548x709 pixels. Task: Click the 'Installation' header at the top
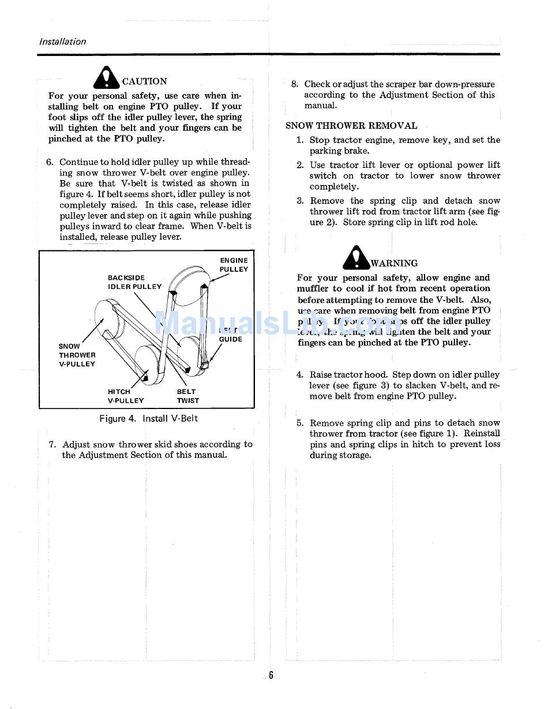tap(62, 42)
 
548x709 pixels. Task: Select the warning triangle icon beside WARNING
tap(356, 257)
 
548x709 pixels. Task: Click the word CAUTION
tap(144, 81)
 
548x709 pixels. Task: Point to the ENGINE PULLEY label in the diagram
tap(234, 265)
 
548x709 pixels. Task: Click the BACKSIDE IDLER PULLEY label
tap(134, 282)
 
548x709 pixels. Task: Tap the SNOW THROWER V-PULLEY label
tap(77, 355)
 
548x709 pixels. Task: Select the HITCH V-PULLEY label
tap(125, 396)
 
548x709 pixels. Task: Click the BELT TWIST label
tap(187, 396)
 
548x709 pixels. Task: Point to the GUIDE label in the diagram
tap(230, 339)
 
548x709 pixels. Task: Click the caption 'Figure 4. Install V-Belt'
tap(148, 418)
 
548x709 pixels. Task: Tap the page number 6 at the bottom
tap(270, 676)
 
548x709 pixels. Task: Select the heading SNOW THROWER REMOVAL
tap(351, 125)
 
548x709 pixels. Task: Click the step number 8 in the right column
tap(294, 84)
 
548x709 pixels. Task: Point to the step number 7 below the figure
tap(52, 444)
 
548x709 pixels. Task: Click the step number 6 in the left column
tap(50, 162)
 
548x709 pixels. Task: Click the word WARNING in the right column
tap(394, 263)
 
